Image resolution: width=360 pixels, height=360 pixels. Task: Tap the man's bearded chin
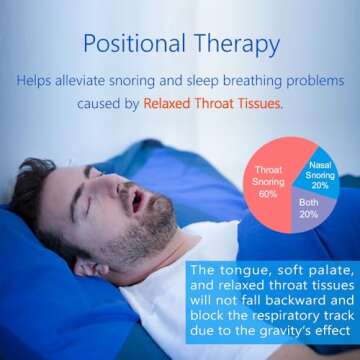[160, 237]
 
